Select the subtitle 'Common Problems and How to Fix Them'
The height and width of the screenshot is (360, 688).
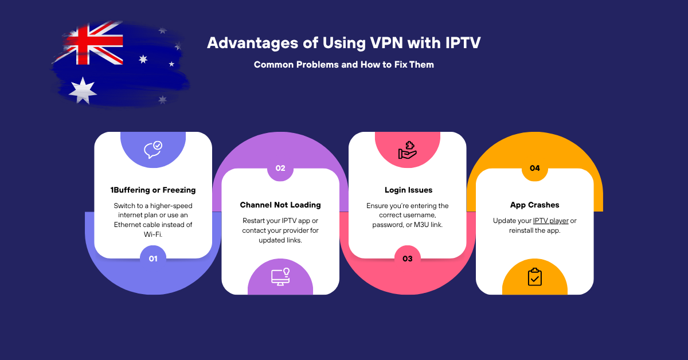[344, 65]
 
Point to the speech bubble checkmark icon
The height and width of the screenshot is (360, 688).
[153, 150]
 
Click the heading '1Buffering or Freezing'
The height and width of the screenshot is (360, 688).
[153, 190]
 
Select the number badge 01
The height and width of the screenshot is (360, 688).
[153, 259]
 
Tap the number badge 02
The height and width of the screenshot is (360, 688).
[280, 169]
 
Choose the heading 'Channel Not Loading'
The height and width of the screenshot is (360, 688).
[280, 205]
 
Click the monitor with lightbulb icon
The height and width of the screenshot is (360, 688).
[280, 276]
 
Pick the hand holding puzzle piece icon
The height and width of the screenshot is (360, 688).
[408, 150]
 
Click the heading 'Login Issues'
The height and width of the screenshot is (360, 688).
[408, 190]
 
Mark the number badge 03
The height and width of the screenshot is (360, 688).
[408, 259]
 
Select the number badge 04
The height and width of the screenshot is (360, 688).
[535, 169]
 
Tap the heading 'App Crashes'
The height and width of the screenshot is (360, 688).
[535, 205]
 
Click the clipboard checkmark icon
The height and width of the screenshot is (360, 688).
[535, 277]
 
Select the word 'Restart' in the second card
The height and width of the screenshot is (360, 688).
[255, 221]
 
